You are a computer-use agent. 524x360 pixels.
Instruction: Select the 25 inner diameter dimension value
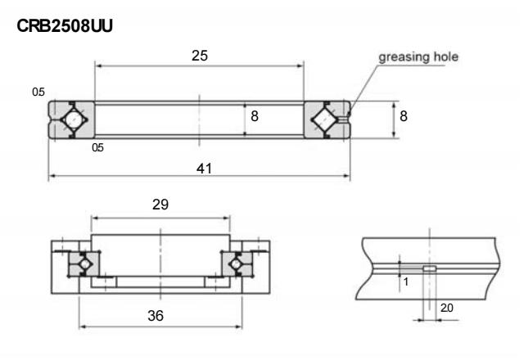click(x=199, y=56)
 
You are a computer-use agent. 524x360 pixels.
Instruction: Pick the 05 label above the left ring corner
click(x=38, y=92)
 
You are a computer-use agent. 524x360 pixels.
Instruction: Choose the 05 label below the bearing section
click(x=97, y=148)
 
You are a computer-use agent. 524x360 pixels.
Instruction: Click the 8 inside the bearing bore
click(x=255, y=117)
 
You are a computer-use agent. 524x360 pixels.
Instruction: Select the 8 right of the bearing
click(x=404, y=117)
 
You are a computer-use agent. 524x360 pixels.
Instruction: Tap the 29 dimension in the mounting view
click(x=160, y=206)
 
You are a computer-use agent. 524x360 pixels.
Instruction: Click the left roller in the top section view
click(x=72, y=119)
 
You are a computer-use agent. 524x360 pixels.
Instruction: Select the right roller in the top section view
click(x=326, y=119)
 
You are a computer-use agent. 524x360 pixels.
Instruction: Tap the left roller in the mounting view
click(x=83, y=263)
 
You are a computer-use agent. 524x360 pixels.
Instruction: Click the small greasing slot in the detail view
click(x=428, y=268)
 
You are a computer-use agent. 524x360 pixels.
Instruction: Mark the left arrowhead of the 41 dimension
click(x=52, y=177)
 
